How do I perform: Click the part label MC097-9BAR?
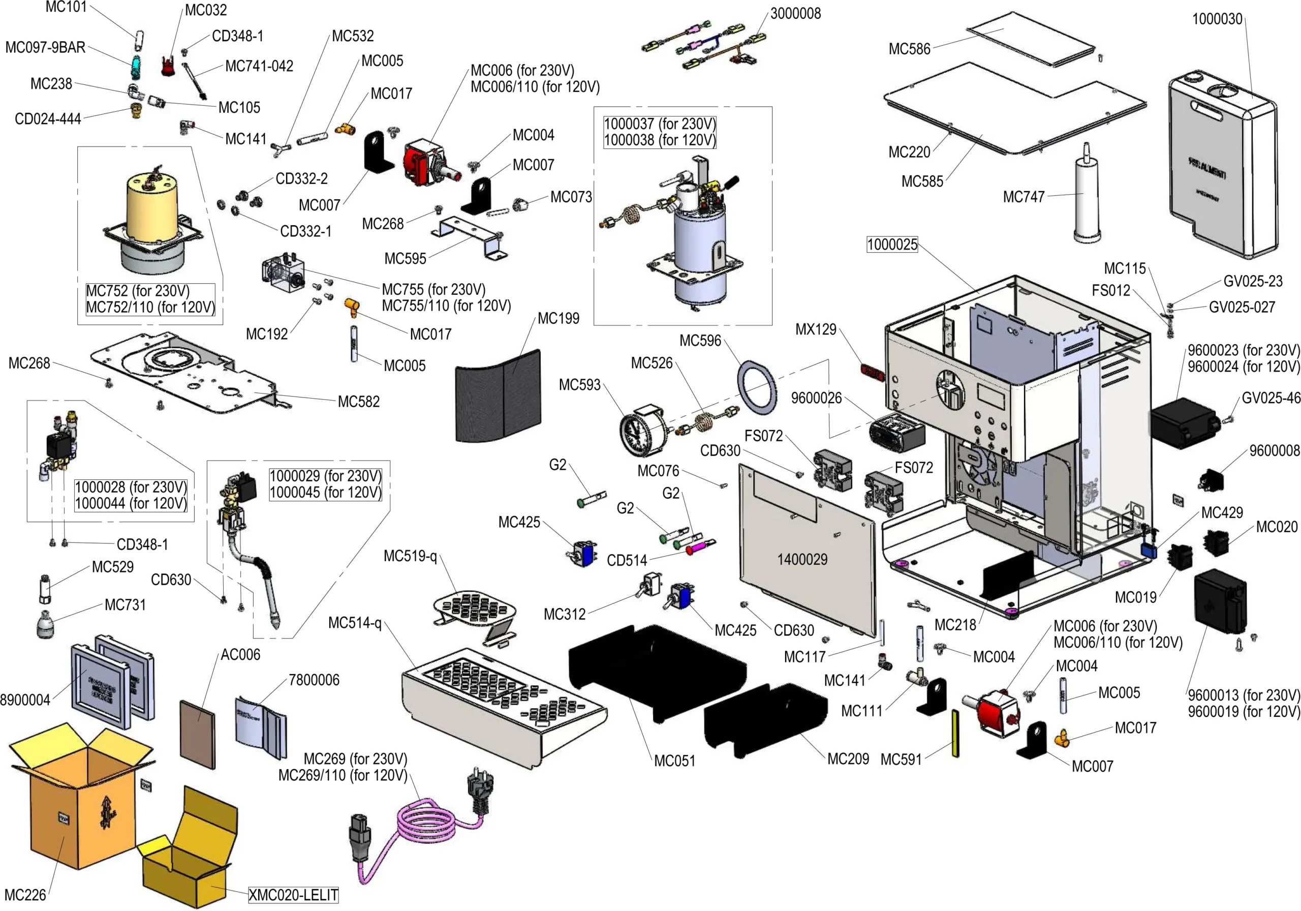[x=45, y=47]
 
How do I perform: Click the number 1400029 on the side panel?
[x=802, y=560]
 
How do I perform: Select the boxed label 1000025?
[x=892, y=245]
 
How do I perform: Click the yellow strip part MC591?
[x=955, y=734]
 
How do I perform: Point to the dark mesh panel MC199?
[x=499, y=395]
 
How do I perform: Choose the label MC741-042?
[x=259, y=66]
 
